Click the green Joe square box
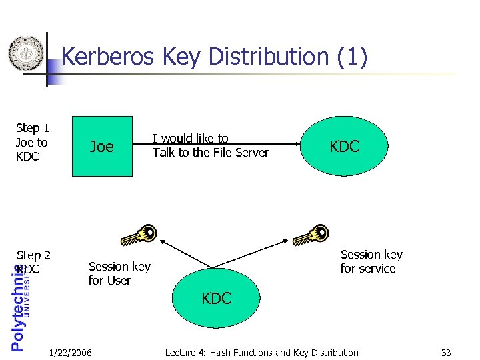(101, 146)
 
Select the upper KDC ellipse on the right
(344, 146)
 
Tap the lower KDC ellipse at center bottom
(216, 298)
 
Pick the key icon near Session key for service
(310, 235)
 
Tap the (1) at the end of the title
(352, 57)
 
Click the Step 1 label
(33, 127)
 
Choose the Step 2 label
(34, 255)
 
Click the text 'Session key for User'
(119, 273)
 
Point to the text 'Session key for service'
(371, 261)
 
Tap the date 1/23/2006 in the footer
(71, 352)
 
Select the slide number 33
(446, 352)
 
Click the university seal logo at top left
(25, 53)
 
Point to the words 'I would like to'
(191, 139)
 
